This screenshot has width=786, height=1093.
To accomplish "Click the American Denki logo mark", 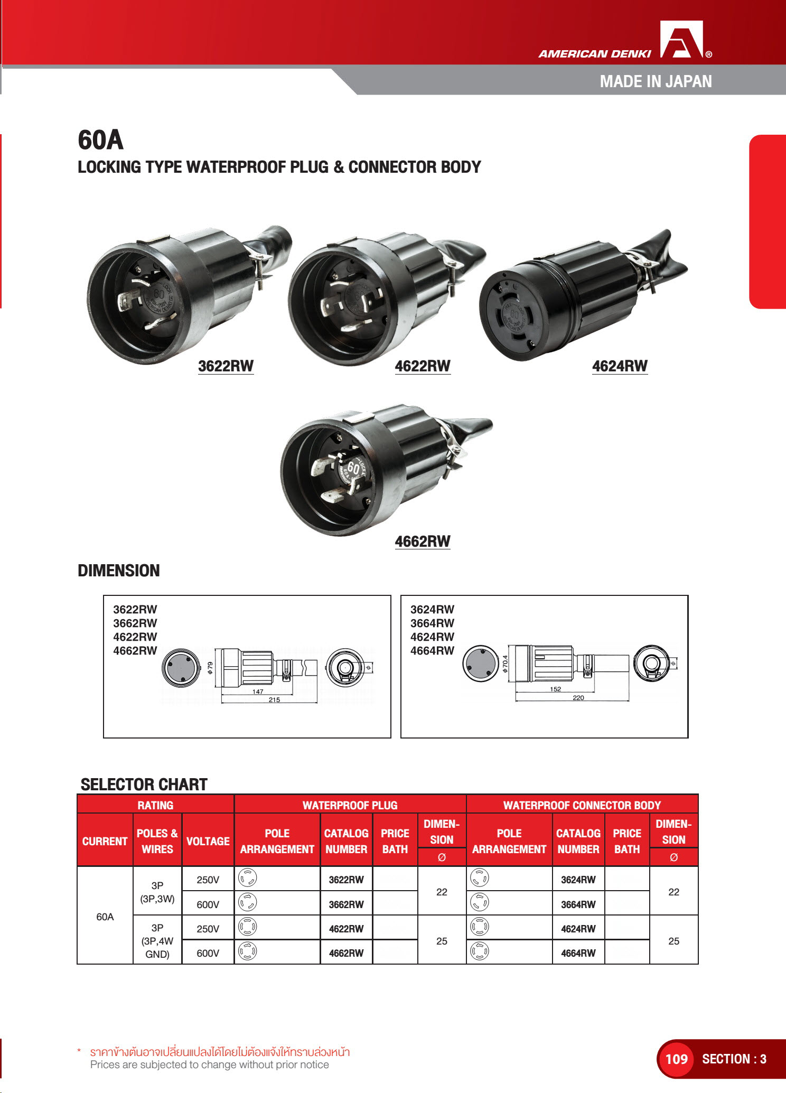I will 682,40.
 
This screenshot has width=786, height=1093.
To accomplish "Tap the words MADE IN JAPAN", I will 656,81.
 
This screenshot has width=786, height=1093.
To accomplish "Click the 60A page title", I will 100,140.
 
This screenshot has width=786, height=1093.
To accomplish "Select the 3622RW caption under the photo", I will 226,366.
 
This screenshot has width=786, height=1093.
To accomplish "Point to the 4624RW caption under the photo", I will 620,366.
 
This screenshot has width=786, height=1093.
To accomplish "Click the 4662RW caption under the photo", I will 423,541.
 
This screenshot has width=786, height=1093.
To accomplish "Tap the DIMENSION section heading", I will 118,571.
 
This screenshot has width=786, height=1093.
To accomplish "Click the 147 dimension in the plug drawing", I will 258,692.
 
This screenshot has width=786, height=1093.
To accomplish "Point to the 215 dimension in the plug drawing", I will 274,700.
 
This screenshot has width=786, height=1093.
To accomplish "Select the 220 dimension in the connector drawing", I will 578,698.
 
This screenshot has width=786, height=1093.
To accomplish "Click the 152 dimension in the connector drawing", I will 556,689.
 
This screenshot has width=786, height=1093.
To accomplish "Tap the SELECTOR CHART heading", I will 144,784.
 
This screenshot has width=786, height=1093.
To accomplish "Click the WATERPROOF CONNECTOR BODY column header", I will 582,805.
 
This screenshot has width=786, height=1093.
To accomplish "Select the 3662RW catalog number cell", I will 346,904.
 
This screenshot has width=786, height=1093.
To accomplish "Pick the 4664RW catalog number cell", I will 578,953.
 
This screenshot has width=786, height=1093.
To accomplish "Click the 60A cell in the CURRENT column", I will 105,917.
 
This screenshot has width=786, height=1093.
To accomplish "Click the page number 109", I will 676,1059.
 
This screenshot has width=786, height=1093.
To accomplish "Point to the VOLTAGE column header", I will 208,841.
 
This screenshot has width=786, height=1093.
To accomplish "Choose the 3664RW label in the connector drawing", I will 432,623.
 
